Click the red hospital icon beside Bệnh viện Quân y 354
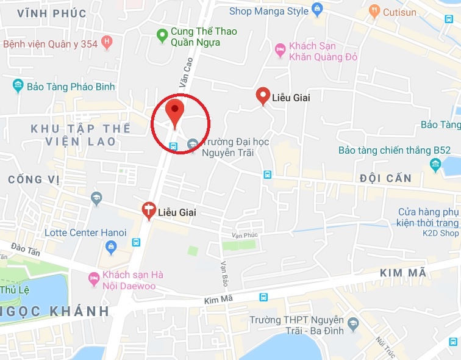pyautogui.click(x=107, y=43)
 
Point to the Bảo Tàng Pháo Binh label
pyautogui.click(x=71, y=87)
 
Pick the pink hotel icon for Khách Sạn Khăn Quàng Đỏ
pyautogui.click(x=280, y=49)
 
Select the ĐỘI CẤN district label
pyautogui.click(x=385, y=178)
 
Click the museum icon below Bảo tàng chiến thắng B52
pyautogui.click(x=435, y=164)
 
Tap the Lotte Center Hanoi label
pyautogui.click(x=85, y=232)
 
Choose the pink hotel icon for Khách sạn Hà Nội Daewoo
pyautogui.click(x=93, y=279)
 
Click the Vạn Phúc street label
pyautogui.click(x=245, y=236)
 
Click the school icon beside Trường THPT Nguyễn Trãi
pyautogui.click(x=353, y=321)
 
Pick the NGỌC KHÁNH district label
pyautogui.click(x=55, y=311)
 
